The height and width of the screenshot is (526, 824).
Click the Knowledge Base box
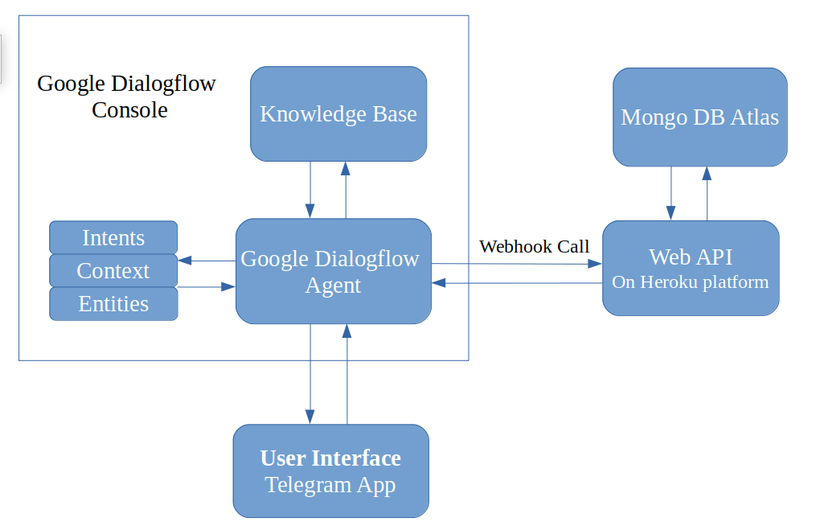coord(338,113)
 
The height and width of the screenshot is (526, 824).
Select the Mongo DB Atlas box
coord(699,117)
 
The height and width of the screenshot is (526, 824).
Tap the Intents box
coord(113,237)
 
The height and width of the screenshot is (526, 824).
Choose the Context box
coord(113,270)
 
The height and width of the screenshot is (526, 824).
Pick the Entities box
coord(113,303)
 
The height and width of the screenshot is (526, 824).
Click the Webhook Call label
coord(534,246)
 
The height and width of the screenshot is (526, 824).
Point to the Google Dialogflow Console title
coord(126,96)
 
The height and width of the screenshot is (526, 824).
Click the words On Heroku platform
coord(691,282)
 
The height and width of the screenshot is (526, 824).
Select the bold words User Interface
coord(330,458)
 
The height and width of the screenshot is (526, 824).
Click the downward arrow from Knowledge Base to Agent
coord(310,190)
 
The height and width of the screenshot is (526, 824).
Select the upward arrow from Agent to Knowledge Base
coord(346,190)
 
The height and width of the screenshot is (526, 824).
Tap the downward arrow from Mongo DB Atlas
coord(670,193)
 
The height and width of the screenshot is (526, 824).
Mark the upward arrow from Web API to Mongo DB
coord(707,193)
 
